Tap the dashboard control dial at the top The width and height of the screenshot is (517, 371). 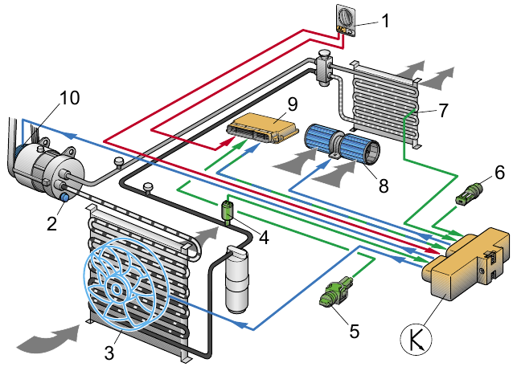(x=344, y=18)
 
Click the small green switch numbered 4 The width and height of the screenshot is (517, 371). (x=228, y=211)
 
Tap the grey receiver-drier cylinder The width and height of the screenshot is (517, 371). (x=238, y=282)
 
